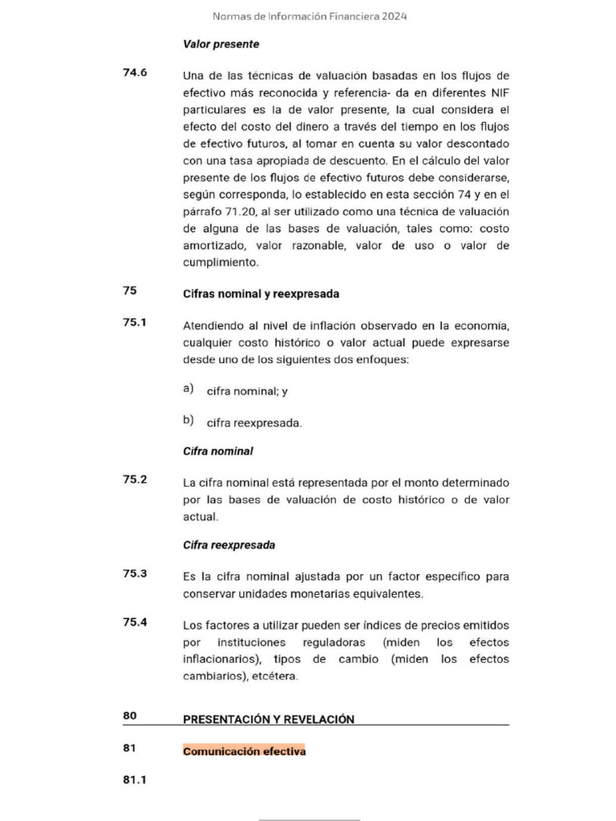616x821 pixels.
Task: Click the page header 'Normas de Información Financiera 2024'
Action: point(309,16)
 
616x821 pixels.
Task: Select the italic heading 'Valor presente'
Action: point(221,44)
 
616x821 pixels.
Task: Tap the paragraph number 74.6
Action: point(135,73)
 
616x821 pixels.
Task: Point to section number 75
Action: point(129,291)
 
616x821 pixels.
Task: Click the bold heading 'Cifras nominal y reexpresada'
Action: point(261,294)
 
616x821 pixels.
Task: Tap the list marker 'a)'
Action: point(188,389)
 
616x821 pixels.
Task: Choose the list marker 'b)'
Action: point(188,419)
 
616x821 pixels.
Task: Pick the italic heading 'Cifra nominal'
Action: point(218,451)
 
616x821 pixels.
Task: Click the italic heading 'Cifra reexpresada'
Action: point(229,545)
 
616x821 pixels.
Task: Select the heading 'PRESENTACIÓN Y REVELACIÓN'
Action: point(269,720)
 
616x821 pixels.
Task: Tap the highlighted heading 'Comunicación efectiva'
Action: point(244,752)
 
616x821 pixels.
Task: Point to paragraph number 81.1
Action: point(135,779)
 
